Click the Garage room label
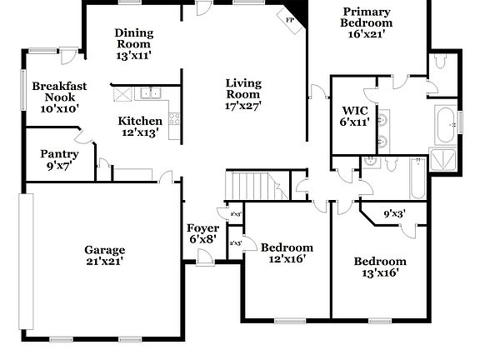[104, 256]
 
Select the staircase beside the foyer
[256, 184]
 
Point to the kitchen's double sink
[151, 92]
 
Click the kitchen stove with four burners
[174, 118]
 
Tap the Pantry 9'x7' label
[60, 160]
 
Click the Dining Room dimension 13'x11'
[133, 55]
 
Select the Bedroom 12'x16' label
[287, 253]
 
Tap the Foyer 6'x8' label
[203, 234]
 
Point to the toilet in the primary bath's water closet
[439, 63]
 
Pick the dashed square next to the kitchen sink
[123, 92]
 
